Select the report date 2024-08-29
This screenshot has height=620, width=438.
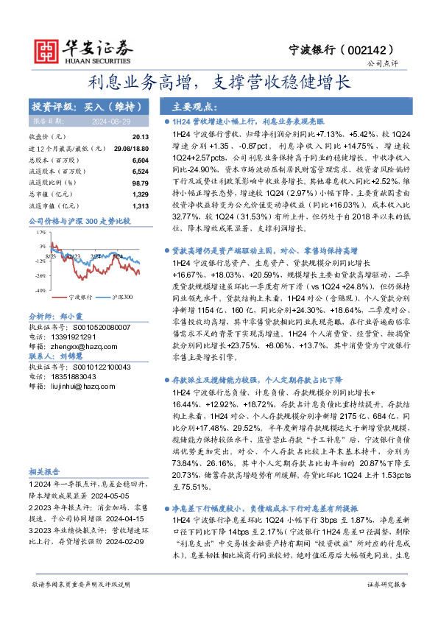tap(111, 120)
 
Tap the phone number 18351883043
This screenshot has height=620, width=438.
tap(76, 376)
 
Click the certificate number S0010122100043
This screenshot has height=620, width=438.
tap(93, 366)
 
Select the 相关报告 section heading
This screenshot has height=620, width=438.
tap(45, 472)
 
